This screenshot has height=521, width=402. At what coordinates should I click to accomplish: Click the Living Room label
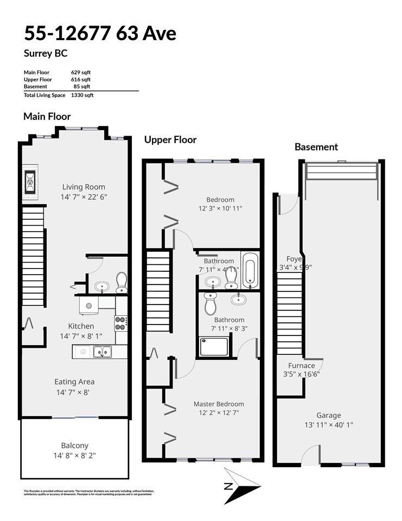pyautogui.click(x=84, y=187)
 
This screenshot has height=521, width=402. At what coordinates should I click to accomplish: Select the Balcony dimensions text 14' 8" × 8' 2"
pyautogui.click(x=75, y=456)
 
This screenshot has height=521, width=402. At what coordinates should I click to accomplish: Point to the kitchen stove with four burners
pyautogui.click(x=120, y=323)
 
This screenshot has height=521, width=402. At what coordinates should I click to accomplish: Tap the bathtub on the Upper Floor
pyautogui.click(x=249, y=270)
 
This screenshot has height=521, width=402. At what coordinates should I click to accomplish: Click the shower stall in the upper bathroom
pyautogui.click(x=213, y=346)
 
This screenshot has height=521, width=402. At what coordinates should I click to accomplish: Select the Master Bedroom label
pyautogui.click(x=219, y=404)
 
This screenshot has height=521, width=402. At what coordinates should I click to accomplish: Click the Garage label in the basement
pyautogui.click(x=329, y=416)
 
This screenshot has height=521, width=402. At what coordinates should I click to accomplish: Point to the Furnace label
pyautogui.click(x=301, y=365)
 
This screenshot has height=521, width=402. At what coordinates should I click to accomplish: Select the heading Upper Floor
pyautogui.click(x=170, y=139)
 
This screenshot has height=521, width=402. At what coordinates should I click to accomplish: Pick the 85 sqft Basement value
pyautogui.click(x=82, y=86)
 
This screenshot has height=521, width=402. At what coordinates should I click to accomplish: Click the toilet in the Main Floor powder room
pyautogui.click(x=121, y=282)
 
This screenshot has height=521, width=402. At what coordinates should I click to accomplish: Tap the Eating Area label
pyautogui.click(x=74, y=382)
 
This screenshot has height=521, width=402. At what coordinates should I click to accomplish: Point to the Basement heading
pyautogui.click(x=316, y=147)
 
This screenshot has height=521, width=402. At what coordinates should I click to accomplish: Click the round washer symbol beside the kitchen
pyautogui.click(x=89, y=305)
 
